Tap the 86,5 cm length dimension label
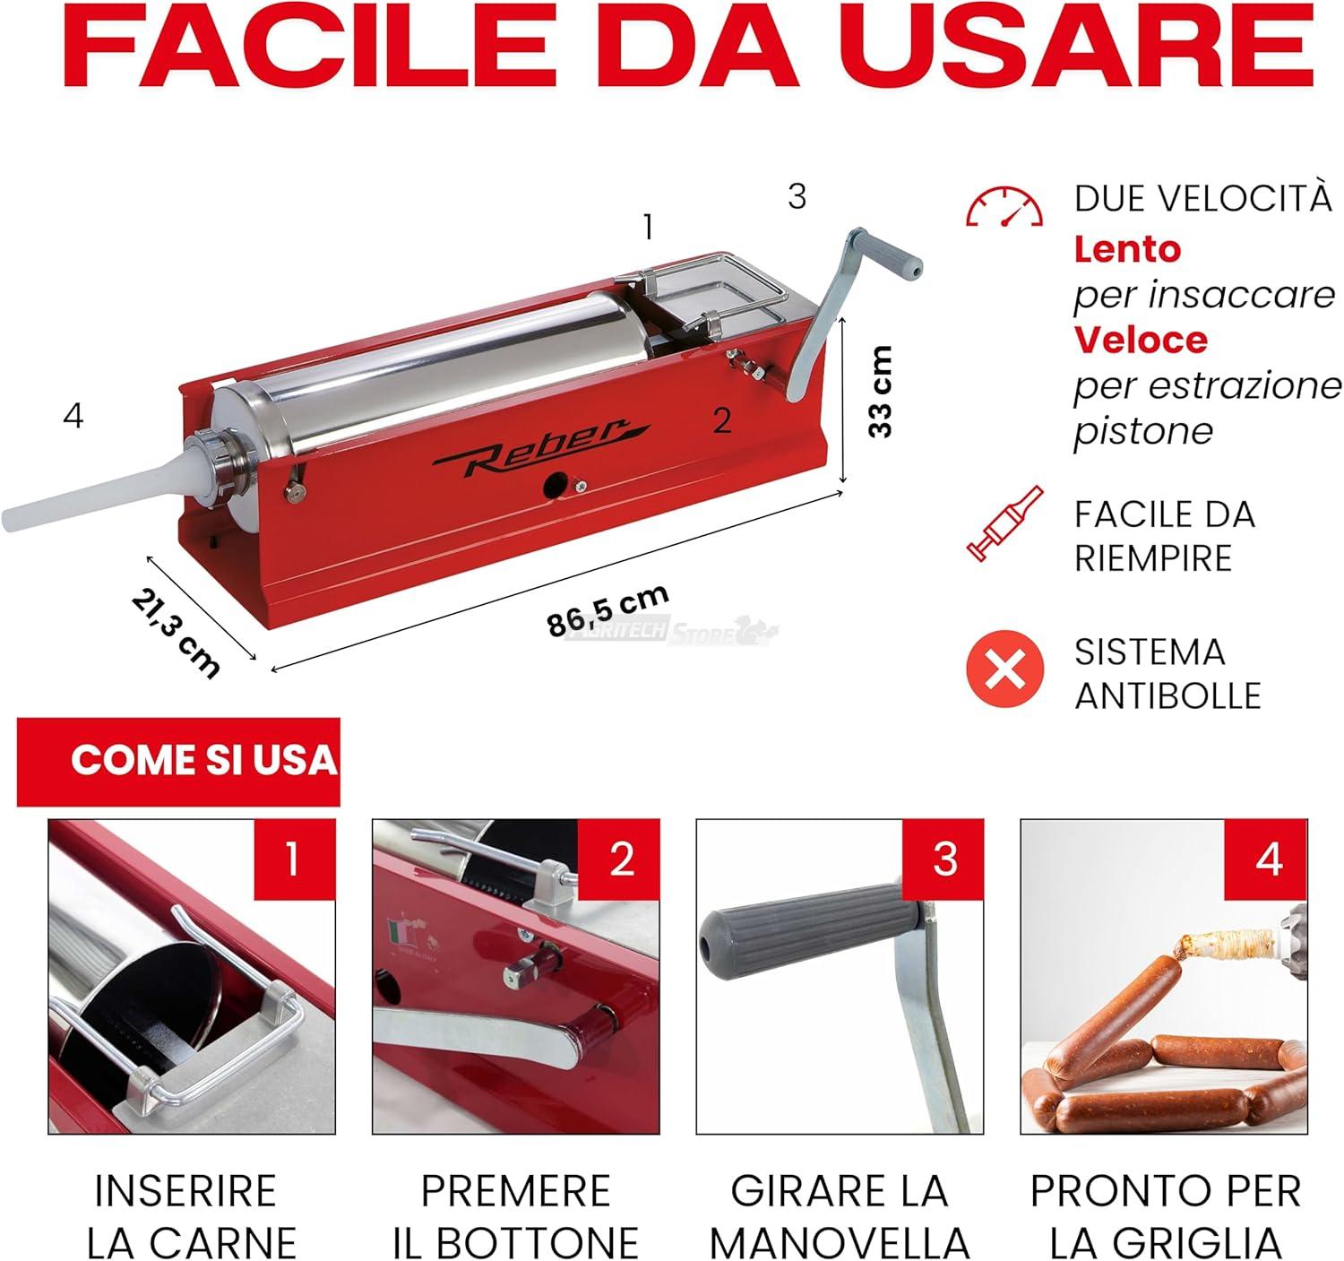coord(607,611)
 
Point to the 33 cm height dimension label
coord(881,392)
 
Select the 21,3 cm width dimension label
coord(176,633)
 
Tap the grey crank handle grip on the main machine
coord(886,254)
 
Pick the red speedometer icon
coord(1004,206)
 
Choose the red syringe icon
coord(1005,523)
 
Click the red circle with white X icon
coord(1005,669)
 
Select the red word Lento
coord(1127,250)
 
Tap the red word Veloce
coord(1141,340)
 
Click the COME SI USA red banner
coord(178,762)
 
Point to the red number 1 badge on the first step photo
coord(295,859)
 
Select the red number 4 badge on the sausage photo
coord(1266,859)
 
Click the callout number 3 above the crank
coord(797,196)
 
